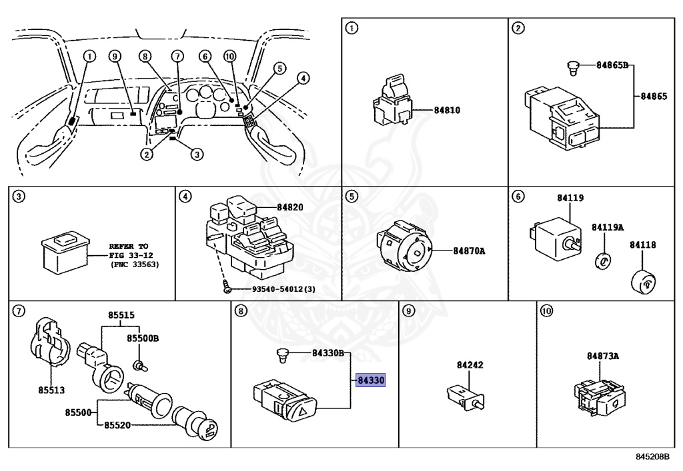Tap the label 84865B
coord(612,66)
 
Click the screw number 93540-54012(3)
coord(274,289)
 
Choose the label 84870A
coord(469,251)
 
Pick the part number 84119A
coord(608,227)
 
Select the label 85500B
coord(143,338)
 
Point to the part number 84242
coord(470,365)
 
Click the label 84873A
coord(603,356)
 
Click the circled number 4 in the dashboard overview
coord(303,79)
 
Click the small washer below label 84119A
coord(603,260)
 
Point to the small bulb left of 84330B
coord(282,354)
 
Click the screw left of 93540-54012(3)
coord(227,289)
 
